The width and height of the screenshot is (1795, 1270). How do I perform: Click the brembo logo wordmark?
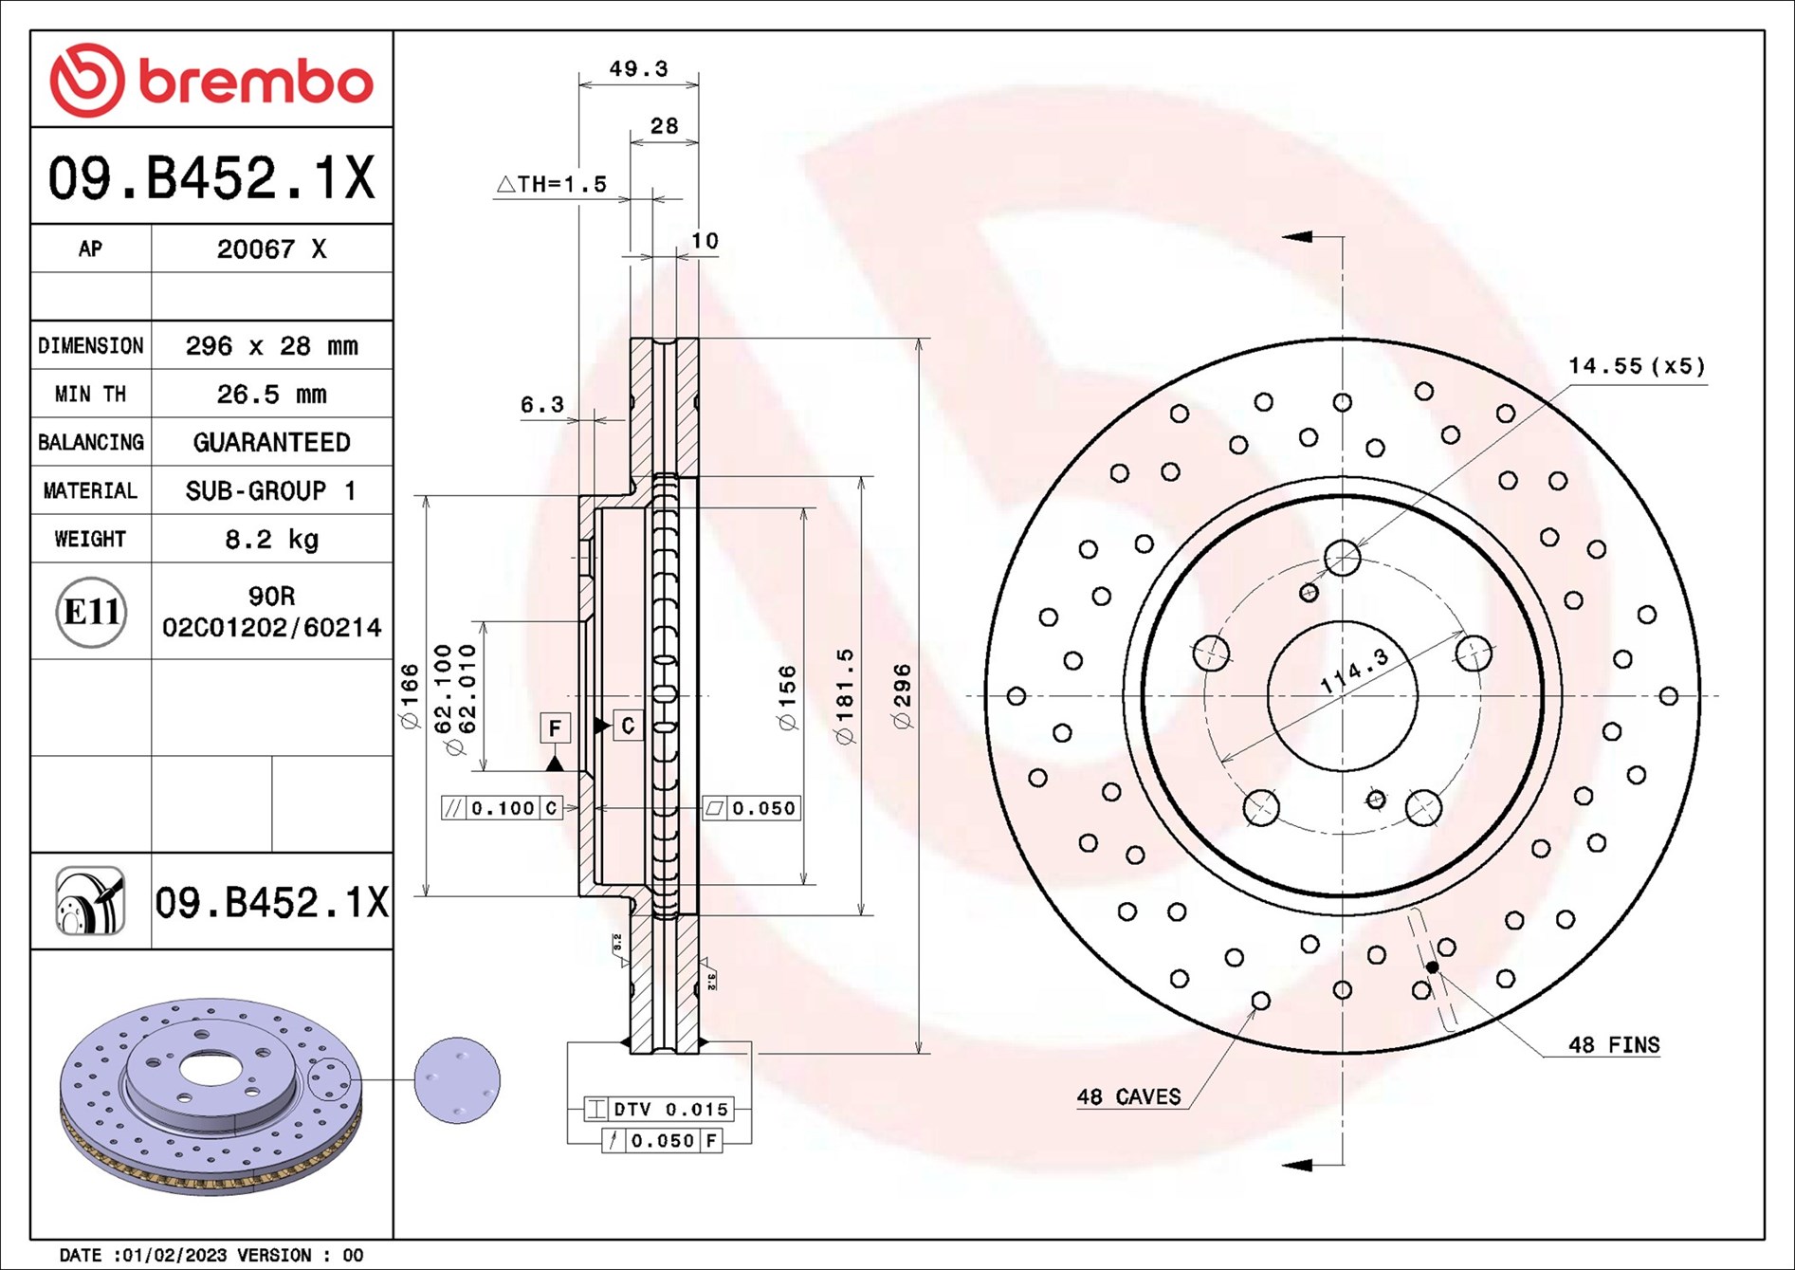[x=256, y=82]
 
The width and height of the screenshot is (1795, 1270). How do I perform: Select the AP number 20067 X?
[x=271, y=249]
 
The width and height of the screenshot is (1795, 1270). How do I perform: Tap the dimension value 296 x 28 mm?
[x=271, y=346]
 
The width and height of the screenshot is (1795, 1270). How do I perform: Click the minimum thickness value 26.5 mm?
[x=271, y=395]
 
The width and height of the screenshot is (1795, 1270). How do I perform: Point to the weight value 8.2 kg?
[x=271, y=540]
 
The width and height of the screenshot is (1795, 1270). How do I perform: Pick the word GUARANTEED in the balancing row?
[x=271, y=443]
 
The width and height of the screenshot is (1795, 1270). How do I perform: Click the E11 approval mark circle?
[x=91, y=612]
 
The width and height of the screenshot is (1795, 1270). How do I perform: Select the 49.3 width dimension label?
[x=638, y=69]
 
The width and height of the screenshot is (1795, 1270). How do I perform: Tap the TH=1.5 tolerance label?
[x=553, y=184]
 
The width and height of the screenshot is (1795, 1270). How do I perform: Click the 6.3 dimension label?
[x=541, y=405]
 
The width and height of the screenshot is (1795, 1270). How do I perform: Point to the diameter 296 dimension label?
[x=902, y=696]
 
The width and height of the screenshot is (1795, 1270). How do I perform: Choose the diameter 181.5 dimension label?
[x=844, y=696]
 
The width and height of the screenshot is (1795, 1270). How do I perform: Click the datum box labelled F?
[x=555, y=727]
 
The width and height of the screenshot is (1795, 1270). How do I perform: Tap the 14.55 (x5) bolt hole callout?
[x=1636, y=366]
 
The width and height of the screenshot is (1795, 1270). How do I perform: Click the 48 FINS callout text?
[x=1614, y=1045]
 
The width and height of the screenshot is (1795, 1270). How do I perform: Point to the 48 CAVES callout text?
[x=1128, y=1097]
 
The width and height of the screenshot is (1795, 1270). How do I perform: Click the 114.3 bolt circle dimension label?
[x=1354, y=671]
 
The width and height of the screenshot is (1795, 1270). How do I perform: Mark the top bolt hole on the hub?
[x=1342, y=558]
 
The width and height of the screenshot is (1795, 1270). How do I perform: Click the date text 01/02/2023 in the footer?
[x=171, y=1255]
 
